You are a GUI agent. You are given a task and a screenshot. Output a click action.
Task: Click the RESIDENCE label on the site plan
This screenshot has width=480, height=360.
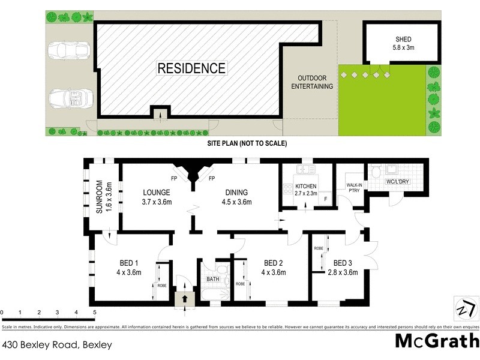tap(191, 68)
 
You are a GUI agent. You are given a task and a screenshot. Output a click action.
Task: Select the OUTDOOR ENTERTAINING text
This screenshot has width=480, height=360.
tap(312, 83)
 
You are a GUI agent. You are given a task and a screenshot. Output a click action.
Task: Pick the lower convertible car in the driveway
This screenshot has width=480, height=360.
tap(70, 97)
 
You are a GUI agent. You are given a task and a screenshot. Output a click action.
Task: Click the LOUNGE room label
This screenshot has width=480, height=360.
tap(157, 197)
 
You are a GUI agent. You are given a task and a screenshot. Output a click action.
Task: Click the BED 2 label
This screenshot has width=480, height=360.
tap(274, 268)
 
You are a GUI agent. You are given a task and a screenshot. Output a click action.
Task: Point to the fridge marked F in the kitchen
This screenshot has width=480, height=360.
tap(326, 199)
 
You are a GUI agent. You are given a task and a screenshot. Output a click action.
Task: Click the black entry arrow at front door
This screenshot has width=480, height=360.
tap(185, 297)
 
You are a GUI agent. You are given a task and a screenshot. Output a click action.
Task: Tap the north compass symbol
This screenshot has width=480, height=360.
tap(465, 307)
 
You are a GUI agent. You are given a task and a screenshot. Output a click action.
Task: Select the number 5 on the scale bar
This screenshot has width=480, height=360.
tap(94, 313)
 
